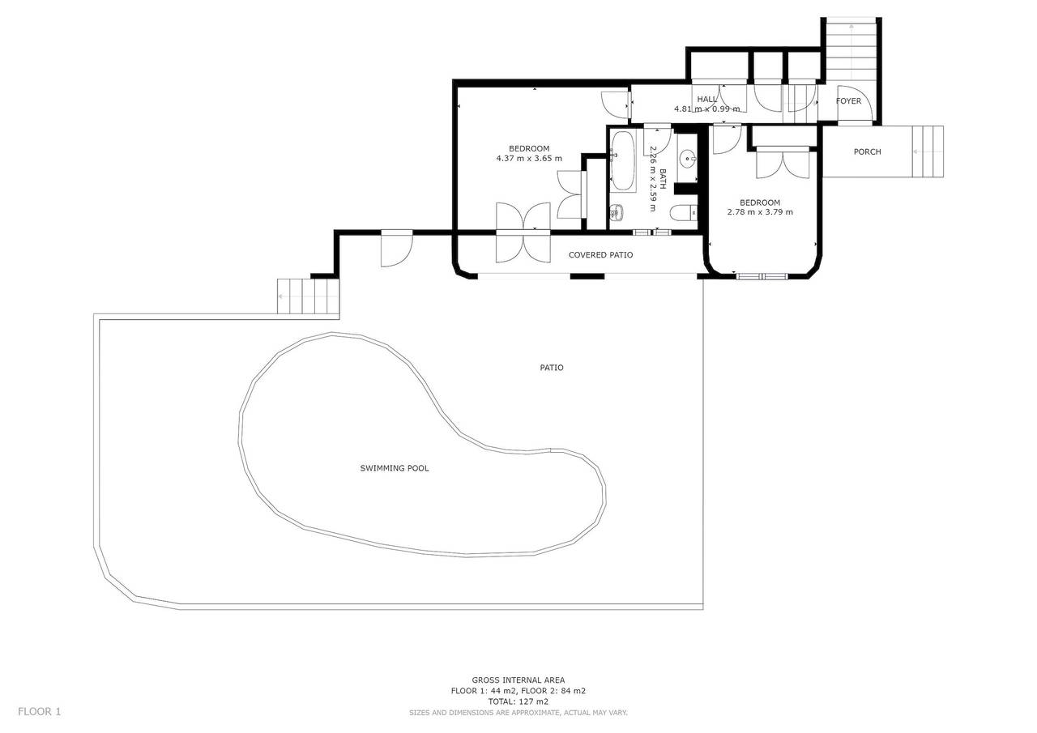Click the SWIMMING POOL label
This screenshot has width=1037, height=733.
(x=394, y=468)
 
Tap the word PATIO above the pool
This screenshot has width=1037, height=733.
(x=552, y=368)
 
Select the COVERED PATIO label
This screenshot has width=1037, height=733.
(x=600, y=255)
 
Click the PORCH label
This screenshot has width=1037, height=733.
(x=867, y=152)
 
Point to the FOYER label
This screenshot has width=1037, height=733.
(x=848, y=101)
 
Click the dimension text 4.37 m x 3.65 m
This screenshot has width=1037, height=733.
(x=529, y=159)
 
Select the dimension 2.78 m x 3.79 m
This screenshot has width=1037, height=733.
(x=760, y=212)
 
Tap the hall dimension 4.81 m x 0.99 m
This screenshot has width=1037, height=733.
(x=706, y=109)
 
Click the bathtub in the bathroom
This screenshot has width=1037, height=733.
(x=623, y=160)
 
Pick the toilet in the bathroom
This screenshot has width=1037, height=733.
(x=684, y=213)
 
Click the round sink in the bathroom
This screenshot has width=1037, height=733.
(x=688, y=157)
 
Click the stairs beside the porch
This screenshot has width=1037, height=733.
(x=928, y=151)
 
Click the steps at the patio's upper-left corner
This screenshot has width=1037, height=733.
(x=308, y=296)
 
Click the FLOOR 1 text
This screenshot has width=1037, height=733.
(x=40, y=712)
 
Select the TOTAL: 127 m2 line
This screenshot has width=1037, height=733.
(x=518, y=701)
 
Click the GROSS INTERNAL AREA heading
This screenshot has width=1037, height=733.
(x=518, y=680)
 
